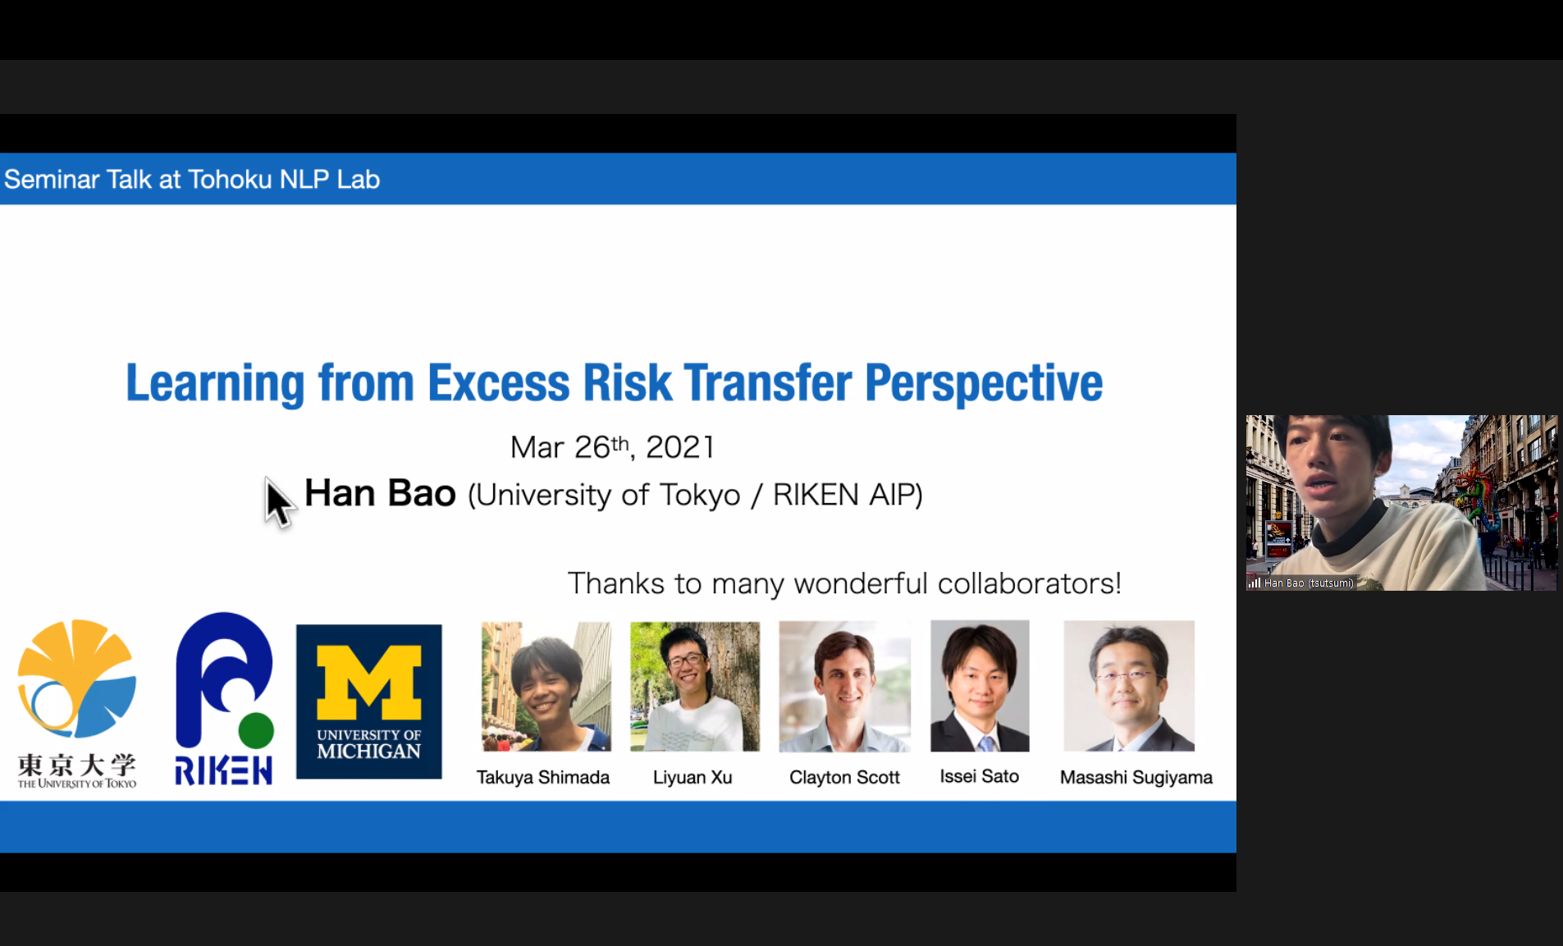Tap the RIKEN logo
223,699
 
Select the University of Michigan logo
369,702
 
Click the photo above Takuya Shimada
546,687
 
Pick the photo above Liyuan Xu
695,687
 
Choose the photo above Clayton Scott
844,687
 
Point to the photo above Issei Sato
980,686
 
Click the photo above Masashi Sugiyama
1129,686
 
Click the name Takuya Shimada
543,777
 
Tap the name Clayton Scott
844,777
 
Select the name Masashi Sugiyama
1136,777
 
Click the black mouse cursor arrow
278,503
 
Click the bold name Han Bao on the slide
380,493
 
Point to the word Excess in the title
499,383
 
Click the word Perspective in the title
984,384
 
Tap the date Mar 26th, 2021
612,447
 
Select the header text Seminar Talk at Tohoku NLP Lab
192,179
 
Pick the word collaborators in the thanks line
1029,583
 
